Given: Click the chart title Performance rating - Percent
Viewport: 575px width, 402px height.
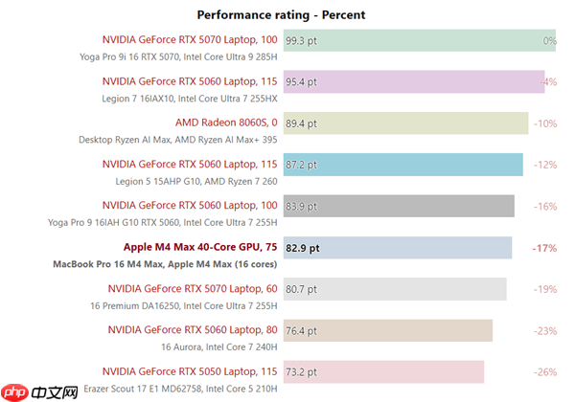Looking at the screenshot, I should click(281, 14).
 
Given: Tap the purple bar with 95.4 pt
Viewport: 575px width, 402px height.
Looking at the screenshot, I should click(412, 82).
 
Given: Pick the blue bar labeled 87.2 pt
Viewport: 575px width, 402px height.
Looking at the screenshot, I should click(402, 165).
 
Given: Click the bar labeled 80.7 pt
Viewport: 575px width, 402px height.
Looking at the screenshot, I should click(394, 289).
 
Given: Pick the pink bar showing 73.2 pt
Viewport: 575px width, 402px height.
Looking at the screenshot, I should click(383, 371).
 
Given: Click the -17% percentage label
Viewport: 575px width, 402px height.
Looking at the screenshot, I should click(544, 248).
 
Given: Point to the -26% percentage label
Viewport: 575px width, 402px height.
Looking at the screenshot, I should click(544, 371).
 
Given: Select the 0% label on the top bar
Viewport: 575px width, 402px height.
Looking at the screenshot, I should click(549, 41).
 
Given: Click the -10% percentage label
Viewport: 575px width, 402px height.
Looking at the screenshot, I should click(544, 123).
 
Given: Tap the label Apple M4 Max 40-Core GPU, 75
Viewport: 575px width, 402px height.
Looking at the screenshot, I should click(200, 247).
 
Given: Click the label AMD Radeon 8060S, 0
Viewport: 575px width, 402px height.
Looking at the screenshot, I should click(226, 123).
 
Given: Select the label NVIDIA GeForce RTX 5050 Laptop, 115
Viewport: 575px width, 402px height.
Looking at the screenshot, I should click(193, 370).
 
